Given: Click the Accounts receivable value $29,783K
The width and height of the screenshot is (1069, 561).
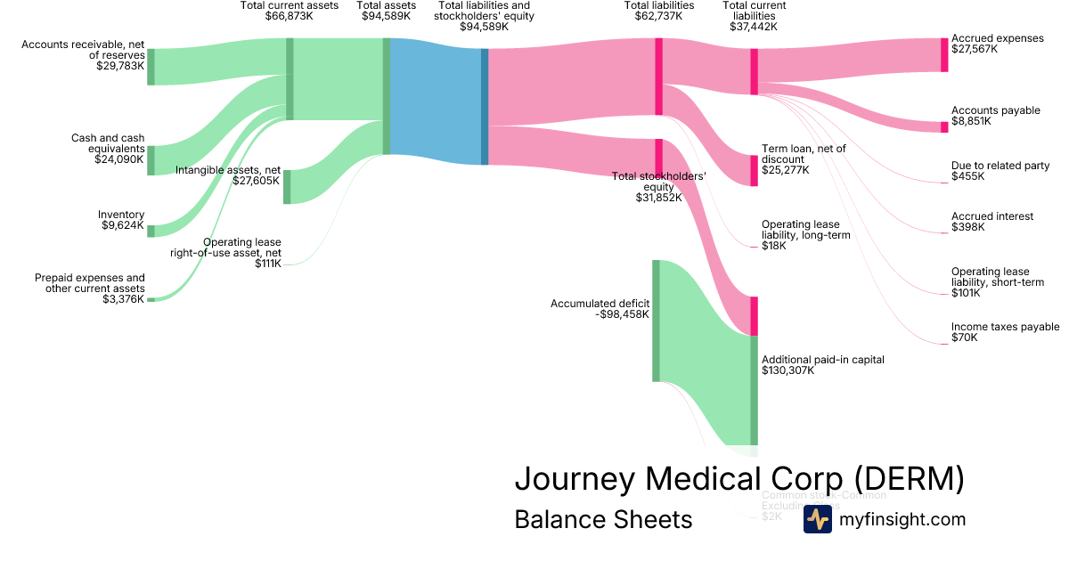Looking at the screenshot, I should tap(119, 66).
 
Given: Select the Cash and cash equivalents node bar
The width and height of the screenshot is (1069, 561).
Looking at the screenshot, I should tap(151, 160).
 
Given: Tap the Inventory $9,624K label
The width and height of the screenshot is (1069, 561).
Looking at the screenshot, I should tap(121, 220).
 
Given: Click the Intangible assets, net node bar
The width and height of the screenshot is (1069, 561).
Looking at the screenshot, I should tap(287, 186).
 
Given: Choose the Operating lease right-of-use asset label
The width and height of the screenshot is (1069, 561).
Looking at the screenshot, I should tap(226, 252).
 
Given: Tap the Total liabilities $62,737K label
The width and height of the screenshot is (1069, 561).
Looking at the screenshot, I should tap(659, 11).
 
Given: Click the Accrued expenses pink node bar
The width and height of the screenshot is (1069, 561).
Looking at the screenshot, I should tap(944, 54).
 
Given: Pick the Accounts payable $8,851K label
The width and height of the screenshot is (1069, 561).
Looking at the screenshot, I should tap(995, 116).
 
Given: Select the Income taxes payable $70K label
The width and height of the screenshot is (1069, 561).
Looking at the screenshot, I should tap(1005, 332).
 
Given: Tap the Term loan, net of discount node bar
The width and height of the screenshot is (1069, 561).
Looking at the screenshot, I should tap(754, 170).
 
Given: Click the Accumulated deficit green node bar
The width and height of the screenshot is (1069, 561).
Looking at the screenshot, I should tap(656, 321).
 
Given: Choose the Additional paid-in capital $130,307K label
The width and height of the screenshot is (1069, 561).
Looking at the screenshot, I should tap(822, 365).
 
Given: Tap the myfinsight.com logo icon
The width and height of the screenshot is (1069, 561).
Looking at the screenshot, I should tap(817, 519).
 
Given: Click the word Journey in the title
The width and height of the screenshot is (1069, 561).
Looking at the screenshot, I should tap(574, 478).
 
